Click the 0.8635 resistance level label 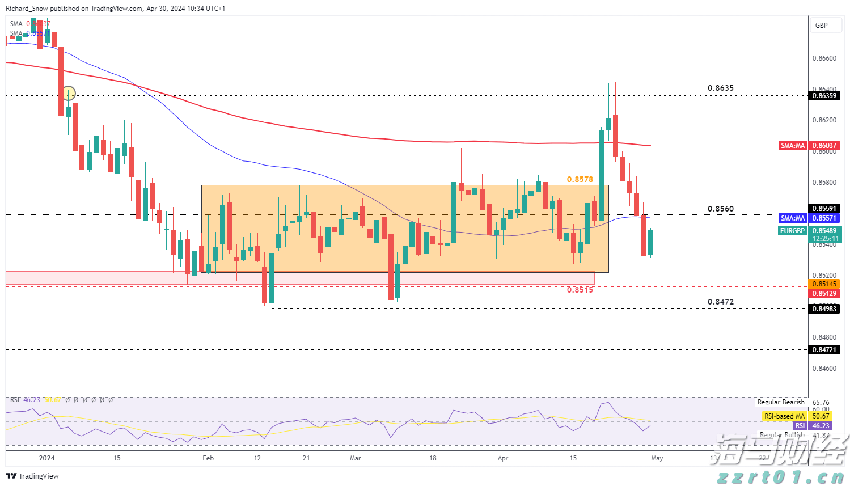(x=720, y=88)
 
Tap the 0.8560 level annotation (x=720, y=209)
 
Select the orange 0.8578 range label (x=580, y=179)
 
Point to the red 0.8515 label (x=580, y=290)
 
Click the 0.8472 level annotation (x=720, y=302)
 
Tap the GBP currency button (x=821, y=26)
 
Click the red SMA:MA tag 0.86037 (x=793, y=146)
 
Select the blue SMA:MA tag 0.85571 (x=793, y=218)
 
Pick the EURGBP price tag (x=792, y=231)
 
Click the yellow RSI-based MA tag (x=784, y=416)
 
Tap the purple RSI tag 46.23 (x=800, y=426)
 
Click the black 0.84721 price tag (x=824, y=350)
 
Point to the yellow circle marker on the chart (x=69, y=93)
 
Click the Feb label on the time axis (x=208, y=458)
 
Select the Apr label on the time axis (x=502, y=458)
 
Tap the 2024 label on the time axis (x=46, y=458)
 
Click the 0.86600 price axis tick (x=824, y=58)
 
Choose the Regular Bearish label (x=781, y=402)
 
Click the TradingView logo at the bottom (x=33, y=476)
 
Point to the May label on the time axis (x=657, y=458)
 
